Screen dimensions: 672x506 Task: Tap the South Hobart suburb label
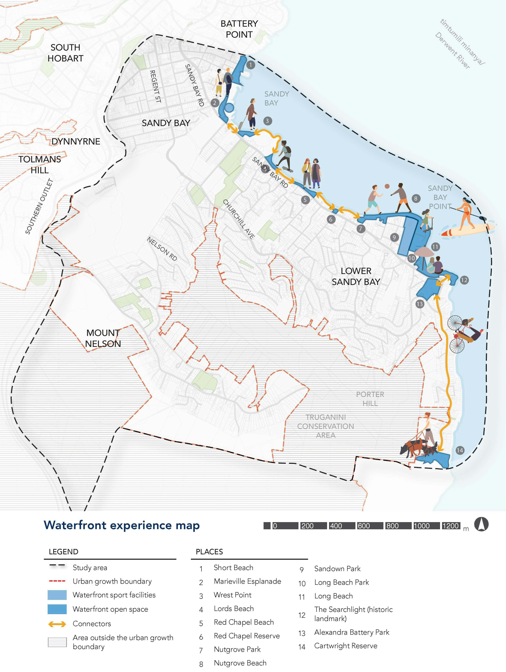coord(65,53)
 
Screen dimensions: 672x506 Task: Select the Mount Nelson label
coord(103,338)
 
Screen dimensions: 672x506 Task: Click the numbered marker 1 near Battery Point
coord(251,65)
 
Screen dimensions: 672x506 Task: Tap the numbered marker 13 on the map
coord(419,304)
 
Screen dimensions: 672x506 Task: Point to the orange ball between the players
coord(387,186)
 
